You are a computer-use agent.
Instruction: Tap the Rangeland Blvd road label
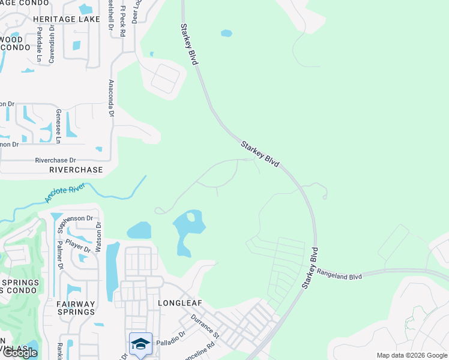339,274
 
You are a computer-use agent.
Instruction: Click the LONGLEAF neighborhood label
178,303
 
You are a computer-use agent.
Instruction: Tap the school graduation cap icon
140,344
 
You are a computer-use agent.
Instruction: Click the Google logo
19,353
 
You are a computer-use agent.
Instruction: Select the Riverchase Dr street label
56,160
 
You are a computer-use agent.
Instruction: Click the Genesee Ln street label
58,126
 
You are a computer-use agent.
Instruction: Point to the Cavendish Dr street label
52,44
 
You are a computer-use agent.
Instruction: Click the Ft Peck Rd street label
122,22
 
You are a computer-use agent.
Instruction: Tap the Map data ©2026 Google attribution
411,355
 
